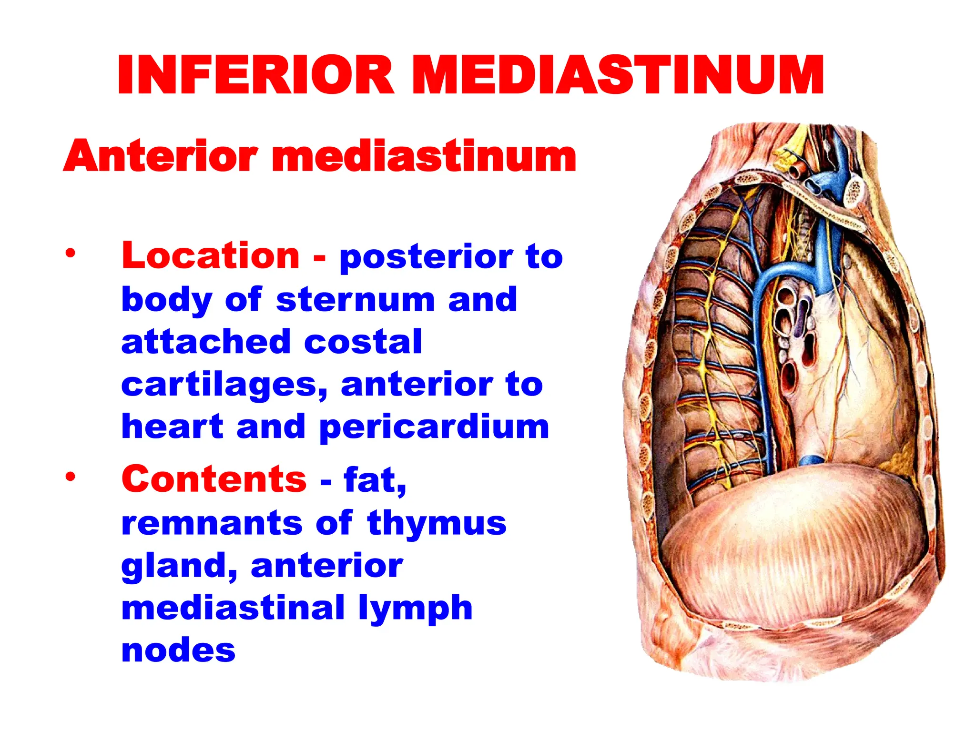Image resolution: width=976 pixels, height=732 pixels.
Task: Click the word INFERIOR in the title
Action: (255, 75)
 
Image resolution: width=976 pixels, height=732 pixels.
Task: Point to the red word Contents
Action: (214, 478)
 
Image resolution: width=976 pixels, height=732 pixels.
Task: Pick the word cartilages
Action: (224, 385)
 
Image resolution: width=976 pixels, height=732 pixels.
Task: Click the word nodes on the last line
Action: (178, 650)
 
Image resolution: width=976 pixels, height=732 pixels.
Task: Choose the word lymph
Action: (415, 608)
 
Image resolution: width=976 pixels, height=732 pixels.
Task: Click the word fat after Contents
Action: (375, 479)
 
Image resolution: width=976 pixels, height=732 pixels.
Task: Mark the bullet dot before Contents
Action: (71, 476)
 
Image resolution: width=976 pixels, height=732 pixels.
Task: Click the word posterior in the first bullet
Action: (425, 257)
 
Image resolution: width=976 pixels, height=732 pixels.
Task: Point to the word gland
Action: (179, 566)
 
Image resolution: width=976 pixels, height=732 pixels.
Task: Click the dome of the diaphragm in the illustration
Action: (791, 539)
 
